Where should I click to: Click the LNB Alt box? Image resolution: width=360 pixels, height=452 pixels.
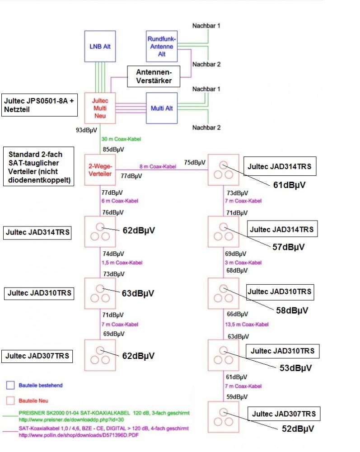tap(100, 46)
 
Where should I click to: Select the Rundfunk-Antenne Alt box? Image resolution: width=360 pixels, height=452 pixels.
tap(162, 46)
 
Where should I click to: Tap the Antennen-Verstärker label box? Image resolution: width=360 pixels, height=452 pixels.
tap(153, 76)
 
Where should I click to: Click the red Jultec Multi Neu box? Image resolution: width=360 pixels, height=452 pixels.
tap(100, 108)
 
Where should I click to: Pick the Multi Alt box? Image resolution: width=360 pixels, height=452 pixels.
tap(162, 108)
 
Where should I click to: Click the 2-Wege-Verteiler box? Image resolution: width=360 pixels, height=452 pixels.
tap(100, 169)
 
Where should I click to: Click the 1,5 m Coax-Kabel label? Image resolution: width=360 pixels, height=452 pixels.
tap(119, 263)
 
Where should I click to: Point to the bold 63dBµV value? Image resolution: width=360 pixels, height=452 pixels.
tap(138, 293)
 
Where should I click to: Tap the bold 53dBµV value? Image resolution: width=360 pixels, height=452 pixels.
tap(295, 368)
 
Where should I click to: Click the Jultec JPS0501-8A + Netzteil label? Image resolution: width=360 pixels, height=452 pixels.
tap(38, 104)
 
